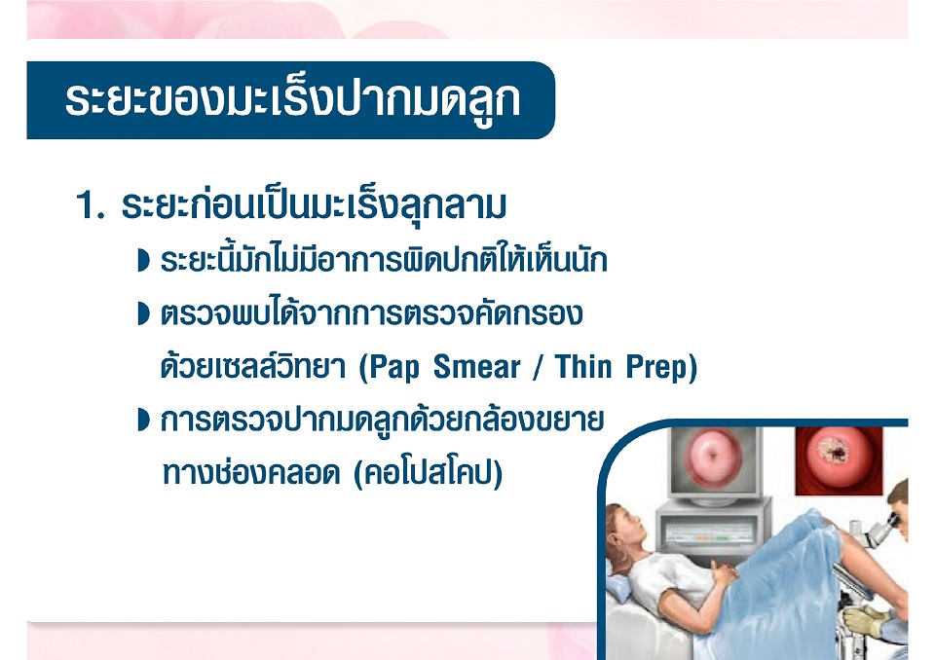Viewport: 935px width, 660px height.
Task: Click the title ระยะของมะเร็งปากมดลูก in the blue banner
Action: click(x=292, y=99)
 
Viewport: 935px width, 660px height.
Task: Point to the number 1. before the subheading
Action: click(x=90, y=205)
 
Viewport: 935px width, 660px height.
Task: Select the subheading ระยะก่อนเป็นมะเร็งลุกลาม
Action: click(x=314, y=205)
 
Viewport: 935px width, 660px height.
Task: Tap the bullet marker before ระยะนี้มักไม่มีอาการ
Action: click(x=143, y=261)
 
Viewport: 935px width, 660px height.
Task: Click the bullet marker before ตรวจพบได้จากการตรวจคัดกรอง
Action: click(x=143, y=313)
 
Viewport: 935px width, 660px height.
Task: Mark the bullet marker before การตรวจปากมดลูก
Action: click(x=143, y=420)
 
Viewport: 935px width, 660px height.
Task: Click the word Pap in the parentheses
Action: click(x=394, y=367)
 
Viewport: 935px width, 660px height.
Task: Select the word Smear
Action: click(x=477, y=367)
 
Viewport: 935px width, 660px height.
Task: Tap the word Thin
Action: click(x=583, y=367)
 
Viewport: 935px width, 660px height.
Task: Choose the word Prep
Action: click(x=656, y=368)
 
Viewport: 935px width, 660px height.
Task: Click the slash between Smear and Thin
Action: click(x=538, y=367)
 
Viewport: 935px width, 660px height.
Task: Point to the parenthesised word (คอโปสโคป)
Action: click(x=429, y=474)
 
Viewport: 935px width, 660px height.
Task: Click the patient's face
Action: click(x=630, y=527)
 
